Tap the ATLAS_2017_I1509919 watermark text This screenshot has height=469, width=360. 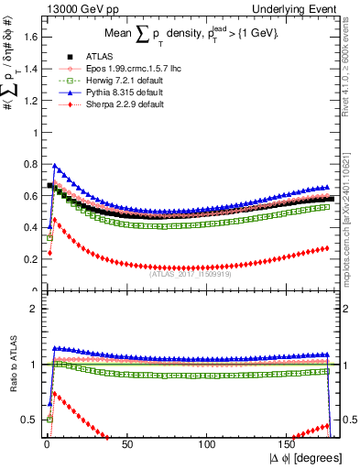[x=191, y=272]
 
